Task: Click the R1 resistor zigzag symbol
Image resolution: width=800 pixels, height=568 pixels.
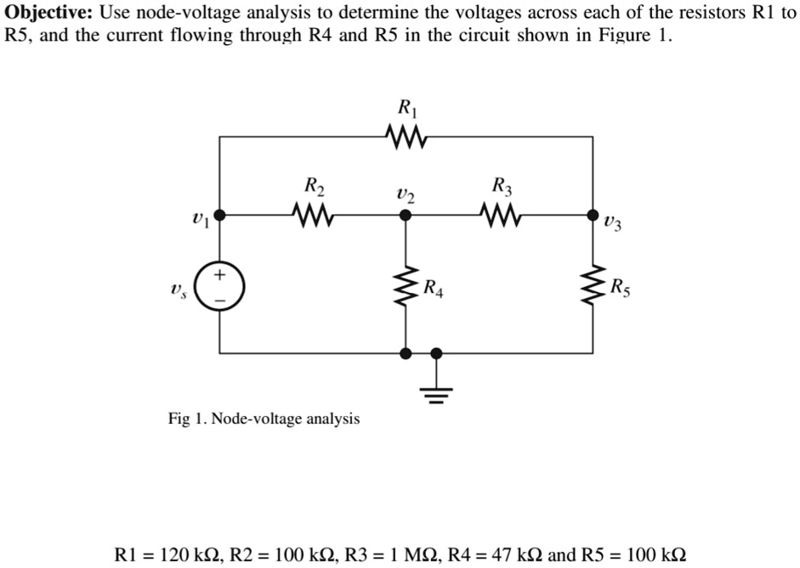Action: pyautogui.click(x=406, y=136)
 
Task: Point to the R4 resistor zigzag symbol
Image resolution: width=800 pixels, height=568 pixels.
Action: pyautogui.click(x=406, y=287)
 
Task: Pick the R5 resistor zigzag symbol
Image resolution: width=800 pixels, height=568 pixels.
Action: pyautogui.click(x=593, y=287)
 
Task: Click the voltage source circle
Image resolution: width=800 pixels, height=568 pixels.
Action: pyautogui.click(x=220, y=287)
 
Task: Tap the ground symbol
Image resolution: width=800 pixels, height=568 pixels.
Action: pyautogui.click(x=436, y=392)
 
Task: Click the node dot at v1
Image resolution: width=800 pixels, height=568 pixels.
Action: pyautogui.click(x=220, y=216)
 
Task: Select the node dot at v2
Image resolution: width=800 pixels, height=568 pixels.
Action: pyautogui.click(x=406, y=216)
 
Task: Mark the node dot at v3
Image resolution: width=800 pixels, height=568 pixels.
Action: pyautogui.click(x=593, y=216)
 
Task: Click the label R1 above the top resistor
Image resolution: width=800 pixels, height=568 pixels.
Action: pyautogui.click(x=406, y=108)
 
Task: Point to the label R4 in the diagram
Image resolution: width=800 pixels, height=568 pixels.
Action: pyautogui.click(x=434, y=287)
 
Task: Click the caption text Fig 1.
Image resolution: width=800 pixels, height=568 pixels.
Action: pyautogui.click(x=186, y=419)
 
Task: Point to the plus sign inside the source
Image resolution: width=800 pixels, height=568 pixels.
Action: pyautogui.click(x=220, y=275)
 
